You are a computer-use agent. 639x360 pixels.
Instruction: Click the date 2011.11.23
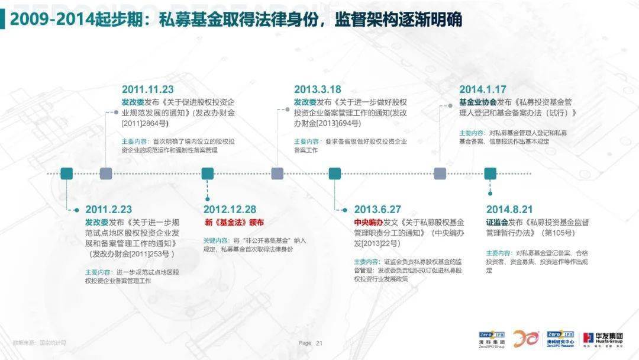pyautogui.click(x=147, y=89)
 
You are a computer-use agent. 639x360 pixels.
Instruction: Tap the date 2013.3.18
pyautogui.click(x=318, y=89)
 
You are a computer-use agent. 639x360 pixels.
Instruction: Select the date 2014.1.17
pyautogui.click(x=483, y=89)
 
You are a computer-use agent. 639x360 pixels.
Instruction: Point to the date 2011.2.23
pyautogui.click(x=108, y=210)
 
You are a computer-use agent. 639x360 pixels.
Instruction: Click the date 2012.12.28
pyautogui.click(x=230, y=210)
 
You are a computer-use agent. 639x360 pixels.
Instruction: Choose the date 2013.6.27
pyautogui.click(x=377, y=210)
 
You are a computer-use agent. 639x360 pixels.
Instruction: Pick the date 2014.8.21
pyautogui.click(x=509, y=210)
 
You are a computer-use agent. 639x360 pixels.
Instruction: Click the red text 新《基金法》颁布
pyautogui.click(x=234, y=223)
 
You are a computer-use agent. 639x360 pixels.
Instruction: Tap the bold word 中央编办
pyautogui.click(x=369, y=223)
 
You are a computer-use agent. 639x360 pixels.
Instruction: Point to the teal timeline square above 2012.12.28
pyautogui.click(x=208, y=173)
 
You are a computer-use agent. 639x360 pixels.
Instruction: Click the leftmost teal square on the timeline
pyautogui.click(x=67, y=173)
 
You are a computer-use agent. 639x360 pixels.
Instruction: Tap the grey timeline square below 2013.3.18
pyautogui.click(x=277, y=173)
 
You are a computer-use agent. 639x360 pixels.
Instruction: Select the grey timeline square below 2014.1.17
pyautogui.click(x=440, y=173)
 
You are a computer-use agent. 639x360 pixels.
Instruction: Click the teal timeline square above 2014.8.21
pyautogui.click(x=490, y=173)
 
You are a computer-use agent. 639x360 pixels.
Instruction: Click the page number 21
pyautogui.click(x=319, y=343)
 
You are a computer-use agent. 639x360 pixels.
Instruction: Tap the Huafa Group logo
pyautogui.click(x=602, y=338)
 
